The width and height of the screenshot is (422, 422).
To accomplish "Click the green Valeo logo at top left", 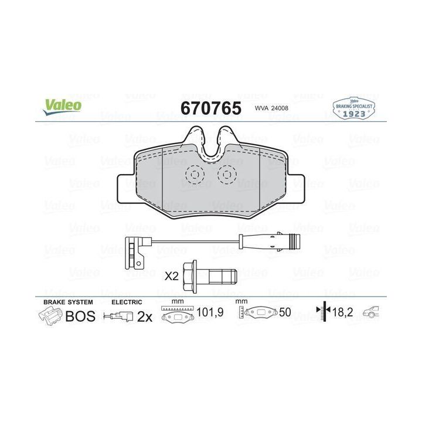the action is [63, 107].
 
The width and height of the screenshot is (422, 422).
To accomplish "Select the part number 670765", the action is [211, 108].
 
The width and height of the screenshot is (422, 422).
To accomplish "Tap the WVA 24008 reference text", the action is [271, 108].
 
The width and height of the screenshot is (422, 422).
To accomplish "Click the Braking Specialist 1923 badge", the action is [354, 108].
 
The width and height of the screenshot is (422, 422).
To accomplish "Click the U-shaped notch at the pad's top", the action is [211, 154].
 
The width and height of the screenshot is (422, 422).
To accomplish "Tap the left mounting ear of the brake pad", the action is [127, 188].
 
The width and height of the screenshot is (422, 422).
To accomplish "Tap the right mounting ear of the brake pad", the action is [295, 188].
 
